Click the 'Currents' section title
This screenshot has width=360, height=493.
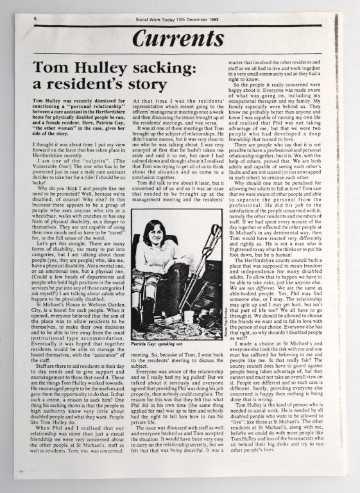178,39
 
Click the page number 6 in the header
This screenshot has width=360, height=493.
35,19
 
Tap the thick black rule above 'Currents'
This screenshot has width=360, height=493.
178,26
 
